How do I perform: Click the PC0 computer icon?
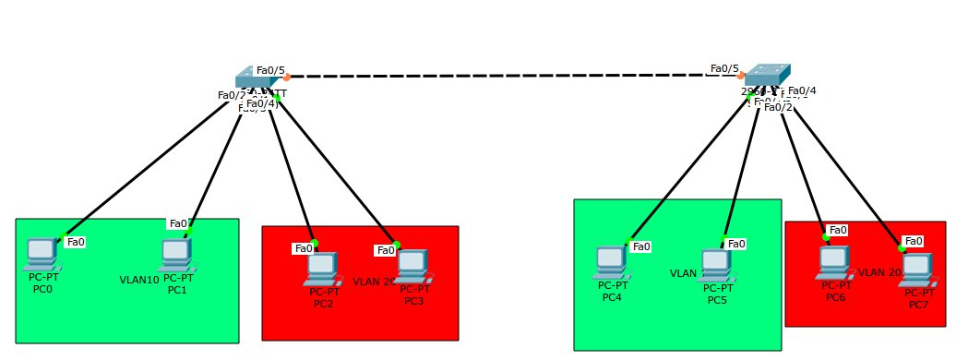pos(42,252)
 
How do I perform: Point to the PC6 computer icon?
pos(833,262)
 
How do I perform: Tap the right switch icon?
pos(768,75)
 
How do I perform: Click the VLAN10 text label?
pos(139,280)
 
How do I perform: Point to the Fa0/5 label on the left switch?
pos(270,70)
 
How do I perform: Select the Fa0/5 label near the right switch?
pos(724,68)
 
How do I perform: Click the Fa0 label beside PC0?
pos(76,242)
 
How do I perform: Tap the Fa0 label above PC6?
pos(838,230)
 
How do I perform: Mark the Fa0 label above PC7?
pos(914,241)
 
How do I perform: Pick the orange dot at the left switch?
pos(287,78)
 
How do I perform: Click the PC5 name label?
pos(717,300)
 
